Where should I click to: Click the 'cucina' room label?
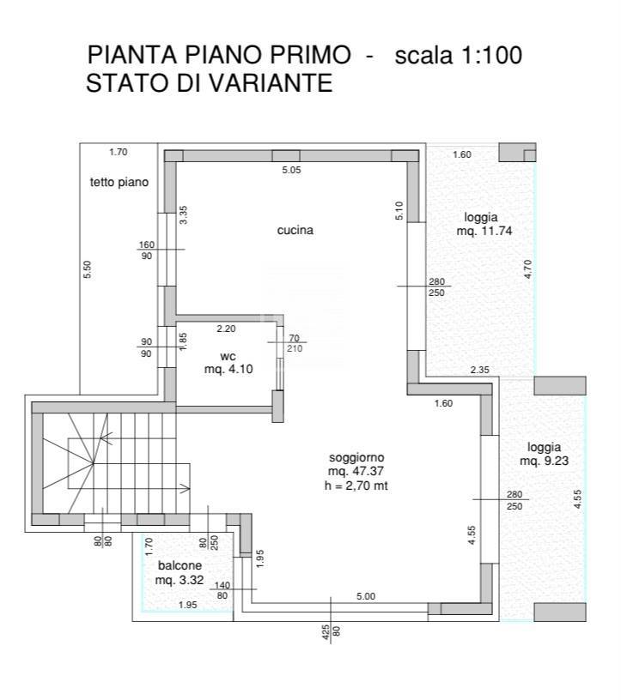tap(295, 231)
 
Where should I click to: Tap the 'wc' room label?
tap(228, 355)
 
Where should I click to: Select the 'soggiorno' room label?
tap(356, 457)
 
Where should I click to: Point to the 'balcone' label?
tap(180, 566)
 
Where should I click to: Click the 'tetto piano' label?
tap(119, 182)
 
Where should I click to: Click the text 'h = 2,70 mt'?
tap(356, 486)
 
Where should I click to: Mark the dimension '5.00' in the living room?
tap(366, 596)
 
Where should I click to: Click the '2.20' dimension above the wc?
tap(226, 329)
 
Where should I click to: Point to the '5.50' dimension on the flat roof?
tap(88, 269)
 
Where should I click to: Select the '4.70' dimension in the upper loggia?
tap(529, 269)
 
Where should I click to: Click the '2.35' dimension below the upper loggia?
tap(479, 370)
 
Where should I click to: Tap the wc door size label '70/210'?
tap(294, 343)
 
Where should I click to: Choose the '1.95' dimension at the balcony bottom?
tap(187, 606)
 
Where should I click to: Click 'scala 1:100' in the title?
tap(458, 56)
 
